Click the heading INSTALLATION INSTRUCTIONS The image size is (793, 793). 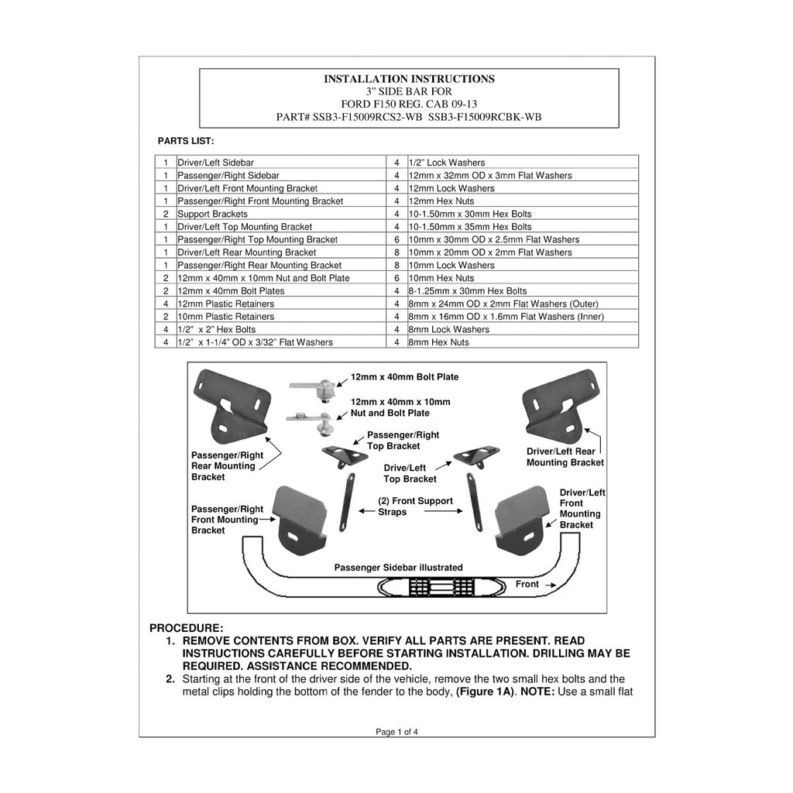click(409, 79)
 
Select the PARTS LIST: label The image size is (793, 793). click(186, 141)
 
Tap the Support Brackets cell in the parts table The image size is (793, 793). click(281, 214)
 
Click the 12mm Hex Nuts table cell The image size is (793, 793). click(523, 201)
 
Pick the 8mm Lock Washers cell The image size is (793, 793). click(523, 329)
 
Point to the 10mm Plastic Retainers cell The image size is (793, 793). click(281, 317)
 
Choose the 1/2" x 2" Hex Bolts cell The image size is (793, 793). click(281, 329)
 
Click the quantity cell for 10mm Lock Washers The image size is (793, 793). click(397, 265)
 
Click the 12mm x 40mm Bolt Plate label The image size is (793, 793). click(404, 377)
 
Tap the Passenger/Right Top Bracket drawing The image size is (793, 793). click(346, 455)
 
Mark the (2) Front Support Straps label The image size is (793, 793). click(415, 506)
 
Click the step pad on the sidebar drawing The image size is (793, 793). click(441, 587)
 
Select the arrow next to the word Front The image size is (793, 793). click(551, 585)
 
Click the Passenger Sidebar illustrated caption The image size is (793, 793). click(399, 568)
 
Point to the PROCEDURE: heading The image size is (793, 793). click(186, 628)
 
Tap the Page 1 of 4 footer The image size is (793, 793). click(397, 732)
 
